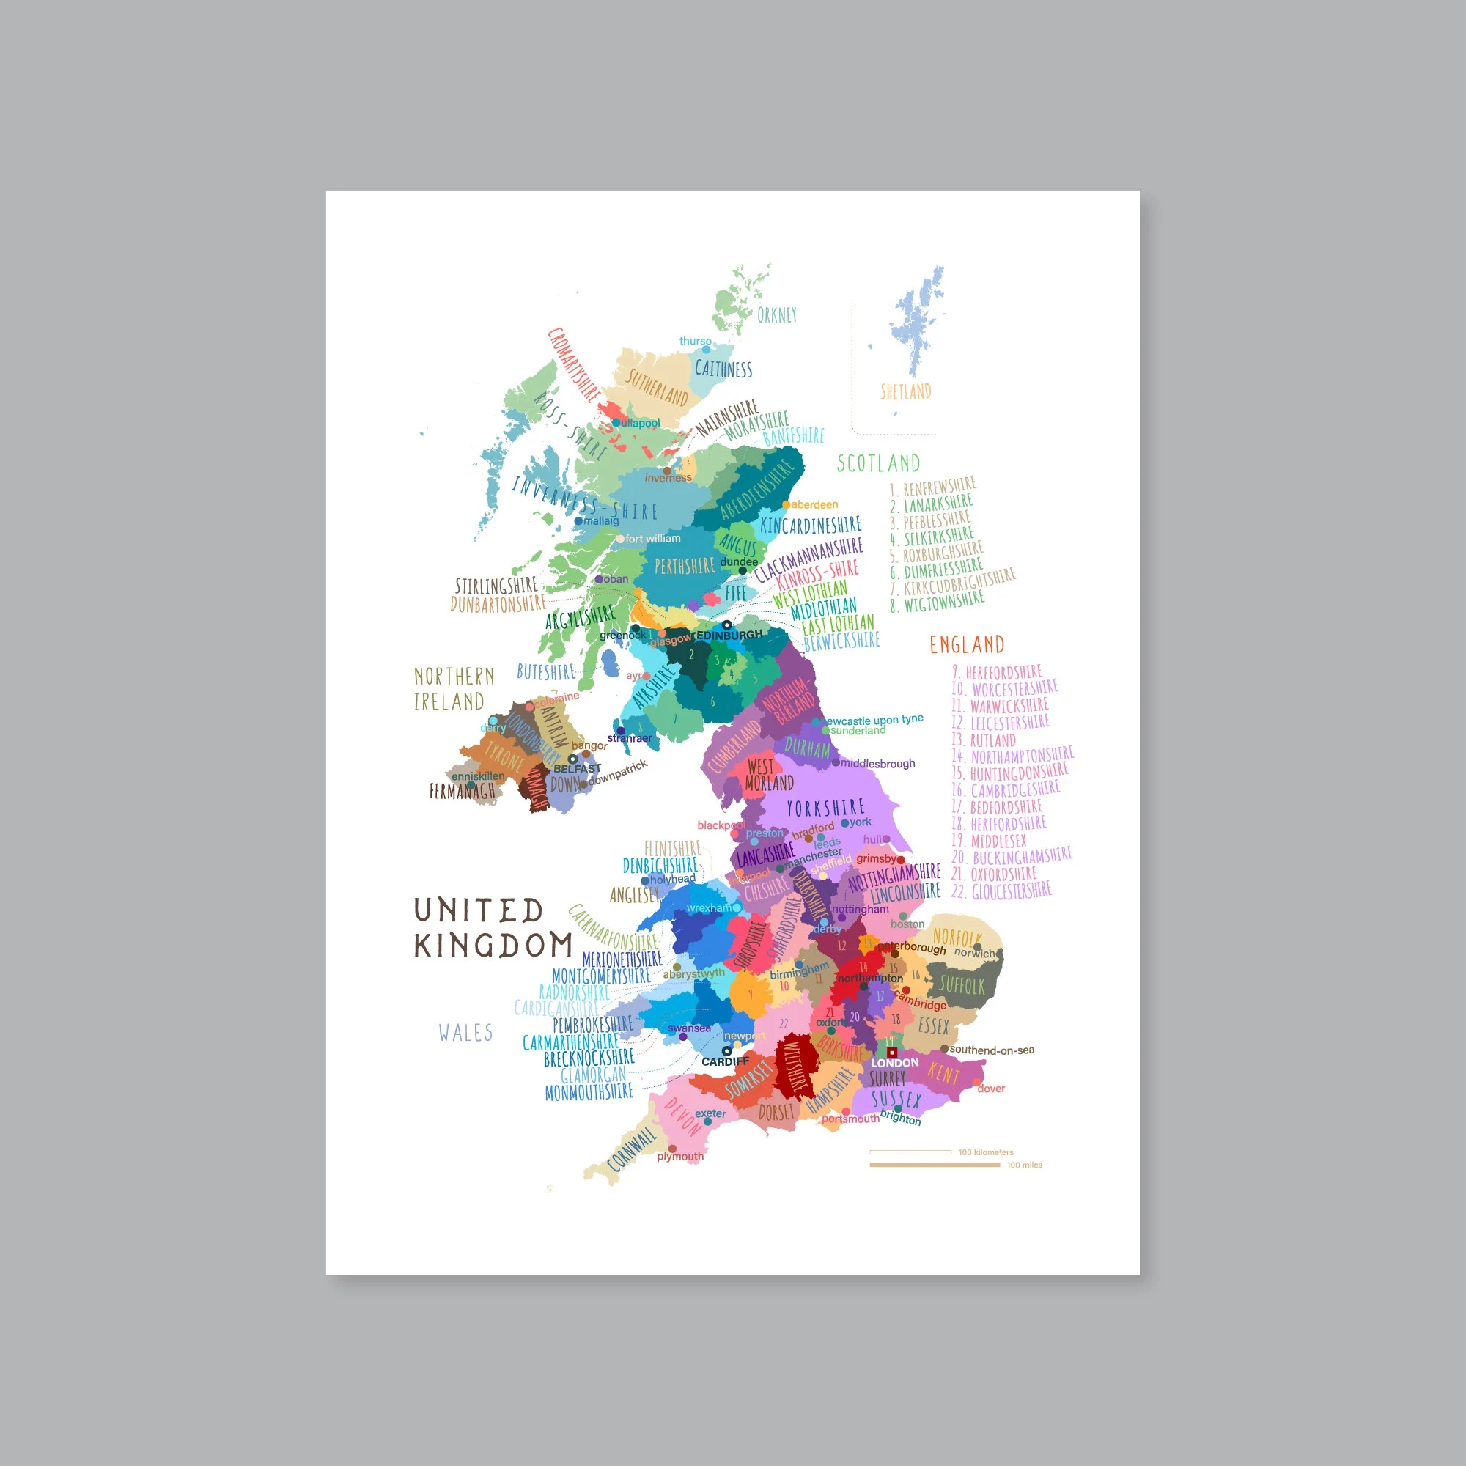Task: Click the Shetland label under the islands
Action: click(x=905, y=391)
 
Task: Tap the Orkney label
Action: click(x=776, y=315)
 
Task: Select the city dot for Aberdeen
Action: click(x=786, y=504)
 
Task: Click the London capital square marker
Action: click(x=892, y=1053)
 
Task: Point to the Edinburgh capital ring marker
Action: click(x=726, y=626)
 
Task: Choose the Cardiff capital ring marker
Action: click(x=726, y=1052)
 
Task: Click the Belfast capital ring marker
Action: click(x=573, y=759)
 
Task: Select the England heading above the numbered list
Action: click(x=967, y=645)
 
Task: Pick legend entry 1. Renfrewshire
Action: click(x=933, y=487)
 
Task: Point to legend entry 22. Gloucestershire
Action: click(x=1001, y=891)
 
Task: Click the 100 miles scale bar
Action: click(x=934, y=1165)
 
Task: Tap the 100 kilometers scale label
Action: click(x=986, y=1152)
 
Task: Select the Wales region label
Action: click(x=465, y=1033)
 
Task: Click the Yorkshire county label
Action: click(x=825, y=808)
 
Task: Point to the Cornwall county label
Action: click(x=631, y=1149)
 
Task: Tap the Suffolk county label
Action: click(x=962, y=986)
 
